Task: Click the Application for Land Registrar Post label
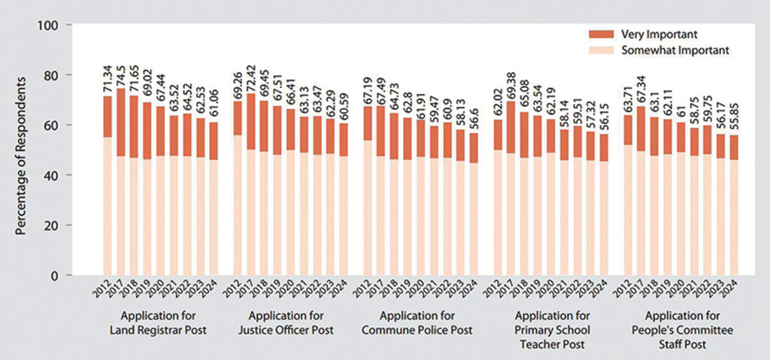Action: pyautogui.click(x=160, y=322)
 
